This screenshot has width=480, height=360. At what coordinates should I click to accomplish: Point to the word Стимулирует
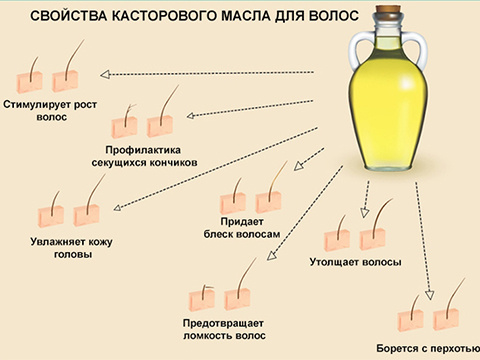point(38,104)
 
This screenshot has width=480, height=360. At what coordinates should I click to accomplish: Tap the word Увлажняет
point(63,240)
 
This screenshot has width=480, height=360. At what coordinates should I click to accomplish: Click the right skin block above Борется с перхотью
point(446,318)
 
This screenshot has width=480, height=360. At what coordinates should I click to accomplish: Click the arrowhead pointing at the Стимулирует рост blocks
point(102,74)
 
